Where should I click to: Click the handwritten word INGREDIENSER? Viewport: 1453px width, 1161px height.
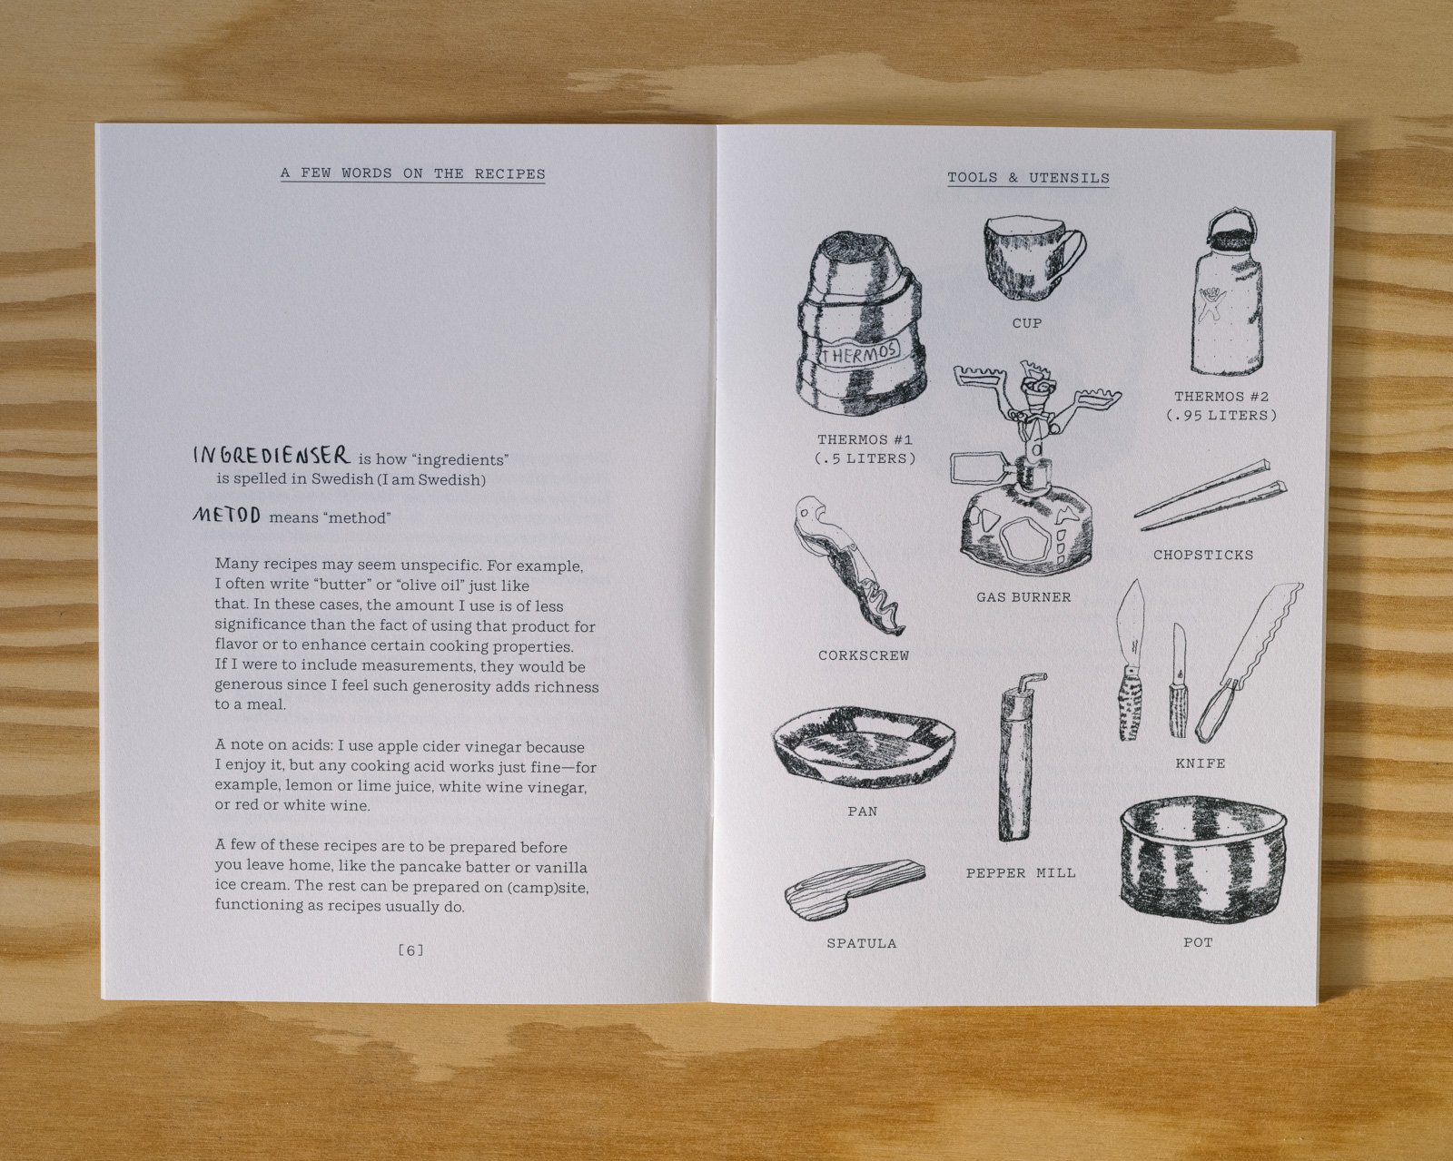[x=272, y=456]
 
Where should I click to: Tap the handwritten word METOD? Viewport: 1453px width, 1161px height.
[x=227, y=516]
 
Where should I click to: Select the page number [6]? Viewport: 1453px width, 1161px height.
[x=411, y=950]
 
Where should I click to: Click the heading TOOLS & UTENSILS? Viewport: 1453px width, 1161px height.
[x=1028, y=178]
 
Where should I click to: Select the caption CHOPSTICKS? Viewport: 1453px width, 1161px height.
[x=1203, y=555]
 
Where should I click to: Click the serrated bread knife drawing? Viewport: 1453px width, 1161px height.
[x=1248, y=662]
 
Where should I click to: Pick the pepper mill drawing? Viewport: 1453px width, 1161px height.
[x=1017, y=757]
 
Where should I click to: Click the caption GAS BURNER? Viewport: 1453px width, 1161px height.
[x=1023, y=597]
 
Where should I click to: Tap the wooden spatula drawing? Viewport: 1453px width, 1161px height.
[x=854, y=890]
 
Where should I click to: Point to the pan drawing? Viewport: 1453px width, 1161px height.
[x=865, y=747]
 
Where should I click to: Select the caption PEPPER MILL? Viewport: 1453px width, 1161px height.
[x=1021, y=872]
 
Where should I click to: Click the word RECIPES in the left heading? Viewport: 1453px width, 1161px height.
[x=509, y=173]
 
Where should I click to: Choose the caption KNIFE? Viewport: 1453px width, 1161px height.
[x=1201, y=763]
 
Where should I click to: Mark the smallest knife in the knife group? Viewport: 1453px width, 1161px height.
[x=1179, y=681]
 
